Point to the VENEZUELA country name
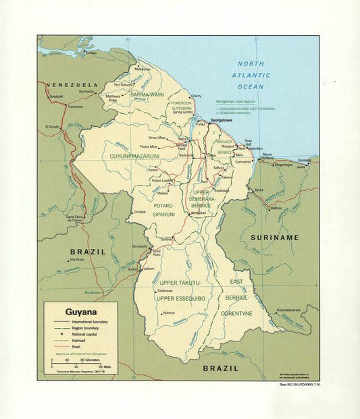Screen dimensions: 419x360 pos(72,85)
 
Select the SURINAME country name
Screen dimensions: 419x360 pos(274,238)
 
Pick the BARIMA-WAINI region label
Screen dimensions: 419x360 pos(149,95)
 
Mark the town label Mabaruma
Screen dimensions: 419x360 pos(143,69)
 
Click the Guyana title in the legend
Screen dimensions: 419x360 pos(80,312)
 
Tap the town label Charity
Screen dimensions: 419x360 pos(196,96)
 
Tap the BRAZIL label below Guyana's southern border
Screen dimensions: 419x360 pos(221,368)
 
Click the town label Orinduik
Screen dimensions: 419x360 pos(140,212)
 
